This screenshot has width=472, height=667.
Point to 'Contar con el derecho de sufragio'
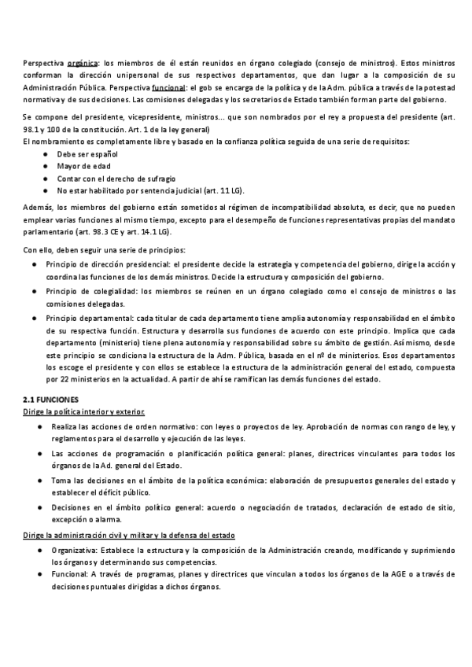click(x=116, y=179)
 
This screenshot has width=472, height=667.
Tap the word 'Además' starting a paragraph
click(x=36, y=206)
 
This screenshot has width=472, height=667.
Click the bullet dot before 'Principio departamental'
click(x=35, y=317)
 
